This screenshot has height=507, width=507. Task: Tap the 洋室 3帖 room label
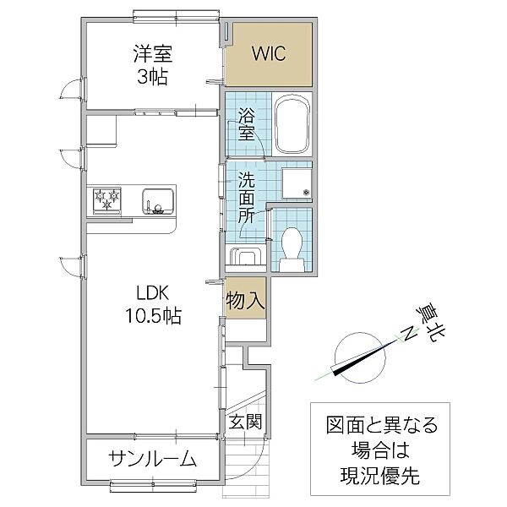(153, 64)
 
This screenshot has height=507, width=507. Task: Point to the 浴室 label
(246, 124)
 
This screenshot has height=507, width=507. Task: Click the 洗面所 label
(246, 196)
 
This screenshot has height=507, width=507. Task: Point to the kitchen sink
(157, 202)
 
